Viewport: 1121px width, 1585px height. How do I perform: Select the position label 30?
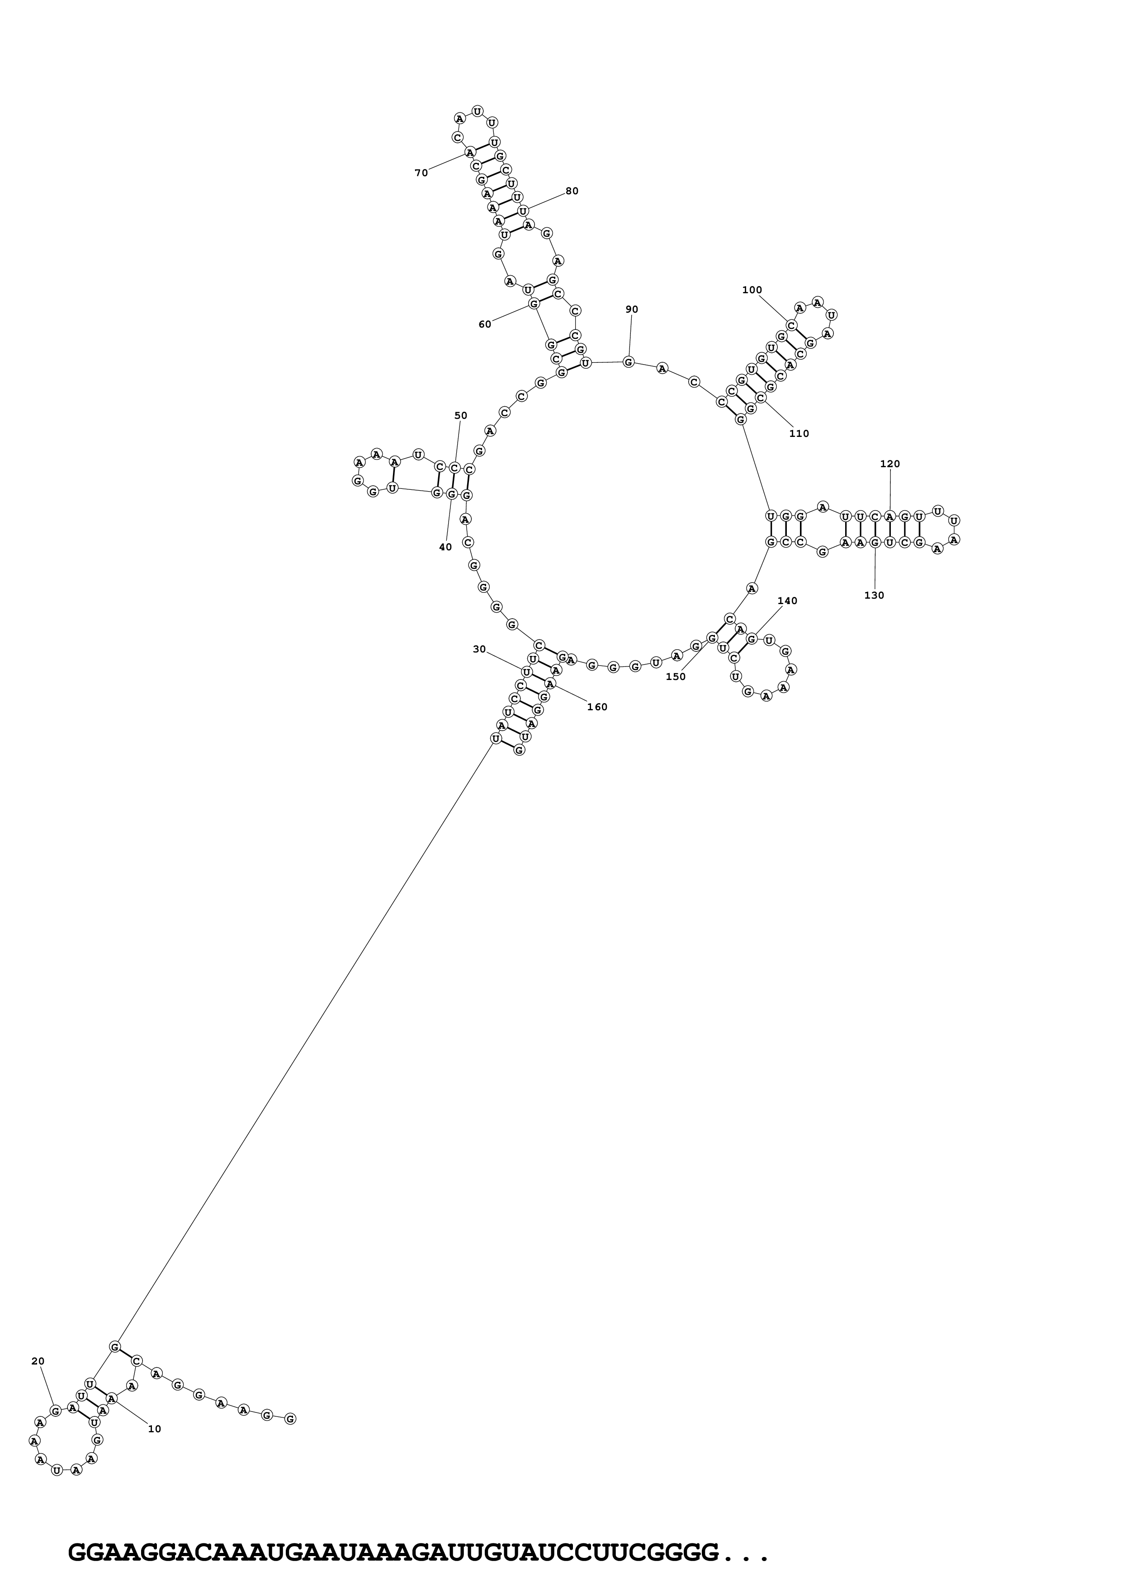tap(479, 649)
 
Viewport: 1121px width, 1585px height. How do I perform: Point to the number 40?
tap(445, 547)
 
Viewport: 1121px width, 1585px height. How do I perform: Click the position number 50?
tap(461, 416)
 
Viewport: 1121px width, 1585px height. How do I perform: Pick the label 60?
tap(485, 324)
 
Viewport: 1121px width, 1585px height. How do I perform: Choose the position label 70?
tap(421, 173)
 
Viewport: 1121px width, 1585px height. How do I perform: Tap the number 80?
tap(572, 191)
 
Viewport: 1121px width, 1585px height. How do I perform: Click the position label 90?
tap(632, 309)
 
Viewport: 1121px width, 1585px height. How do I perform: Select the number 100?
tap(752, 290)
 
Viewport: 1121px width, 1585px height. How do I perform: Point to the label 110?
tap(799, 434)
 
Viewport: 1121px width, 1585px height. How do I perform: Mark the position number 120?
tap(889, 464)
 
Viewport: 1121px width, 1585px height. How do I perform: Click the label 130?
tap(875, 595)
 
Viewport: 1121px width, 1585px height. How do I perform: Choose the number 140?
tap(787, 600)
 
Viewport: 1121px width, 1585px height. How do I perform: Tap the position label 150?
tap(676, 676)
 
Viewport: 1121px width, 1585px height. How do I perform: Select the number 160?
tap(597, 707)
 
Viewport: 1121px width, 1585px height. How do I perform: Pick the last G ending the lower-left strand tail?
tap(290, 1419)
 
